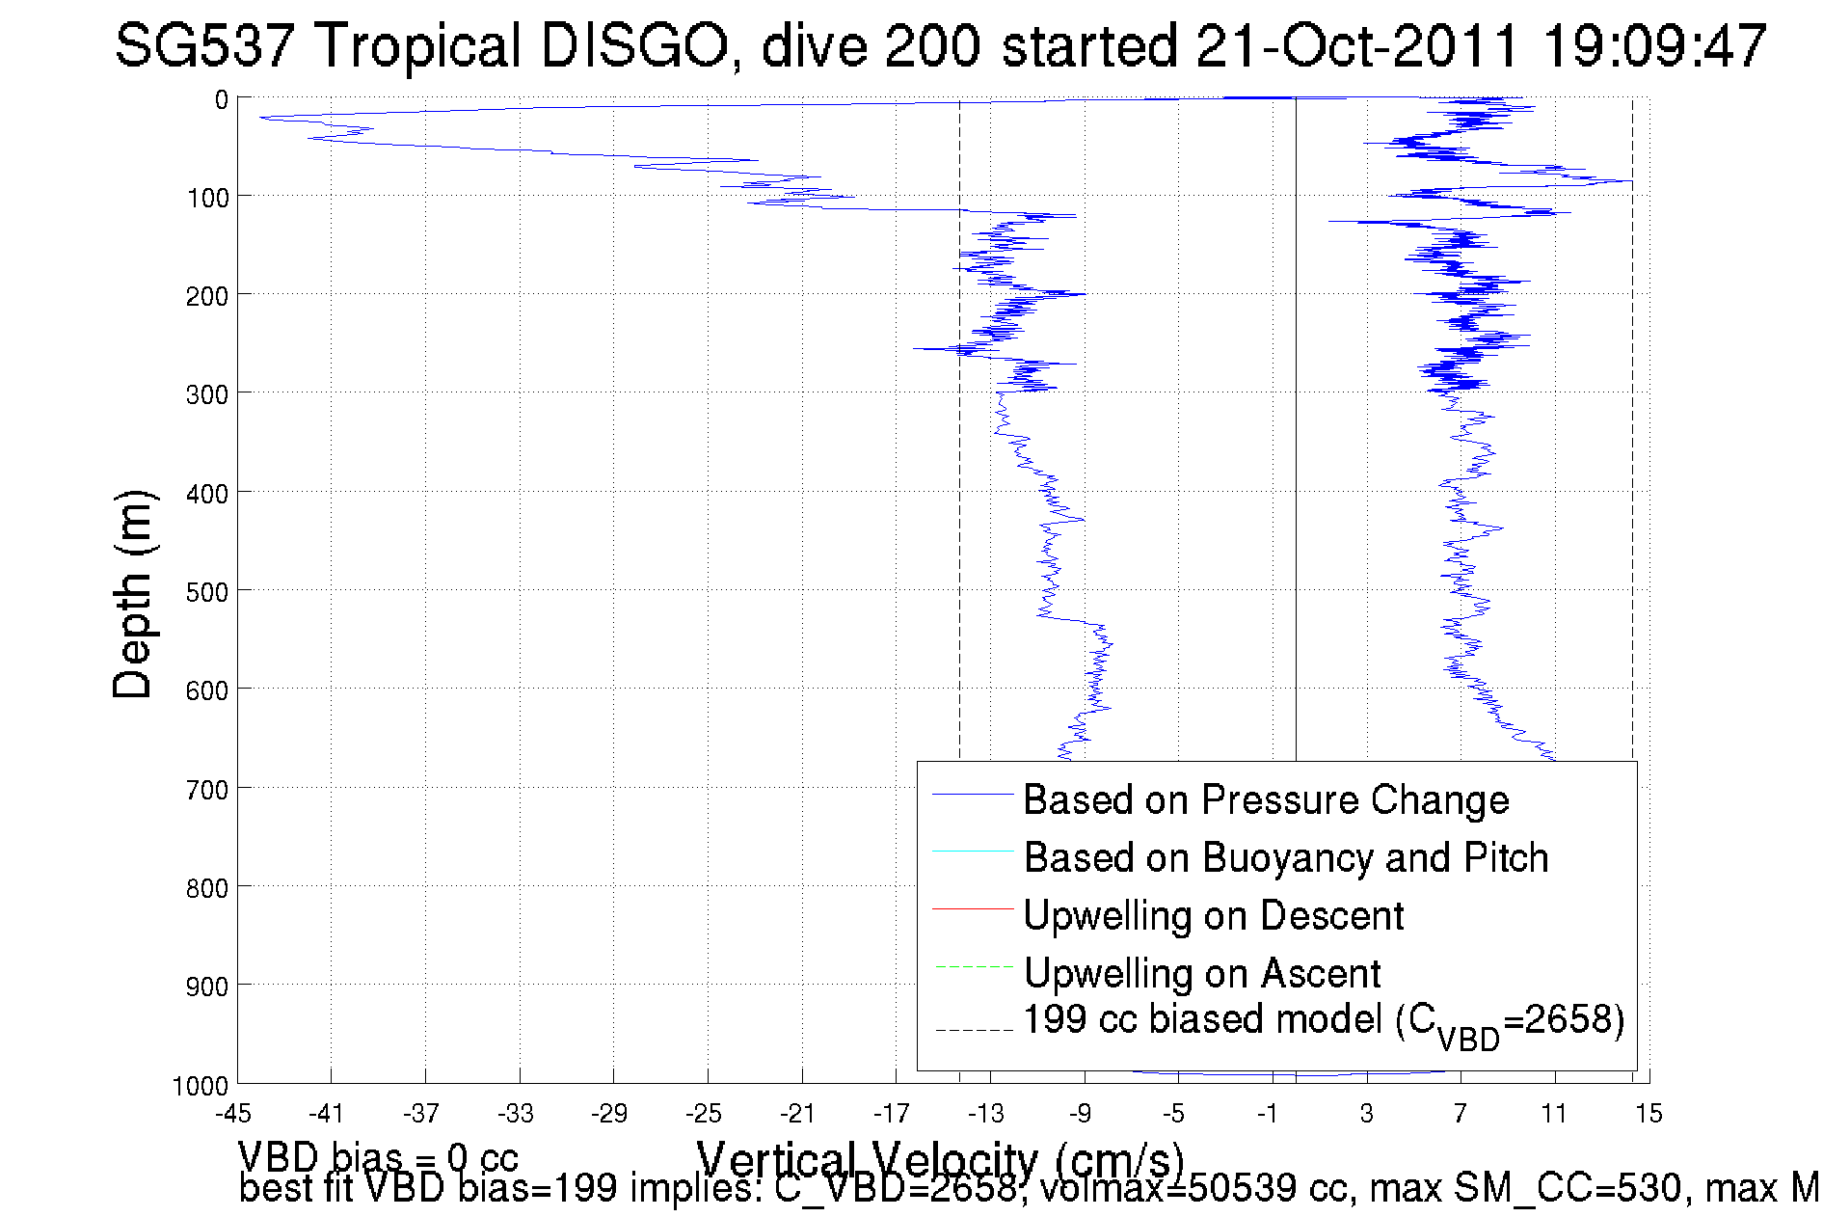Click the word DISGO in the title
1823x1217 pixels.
pyautogui.click(x=633, y=45)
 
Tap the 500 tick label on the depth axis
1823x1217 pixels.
pyautogui.click(x=207, y=592)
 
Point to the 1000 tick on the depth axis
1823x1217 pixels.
pyautogui.click(x=201, y=1087)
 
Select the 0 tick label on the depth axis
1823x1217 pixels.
pyautogui.click(x=222, y=100)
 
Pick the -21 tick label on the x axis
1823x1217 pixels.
pyautogui.click(x=797, y=1114)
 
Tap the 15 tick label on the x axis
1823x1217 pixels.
pyautogui.click(x=1648, y=1114)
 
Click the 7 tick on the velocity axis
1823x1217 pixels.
pyautogui.click(x=1460, y=1114)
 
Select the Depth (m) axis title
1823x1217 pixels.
pyautogui.click(x=133, y=594)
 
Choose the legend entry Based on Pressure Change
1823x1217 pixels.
pyautogui.click(x=1266, y=799)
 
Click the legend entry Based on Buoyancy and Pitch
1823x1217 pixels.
pyautogui.click(x=1285, y=857)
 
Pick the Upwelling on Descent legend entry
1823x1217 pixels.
pyautogui.click(x=1213, y=915)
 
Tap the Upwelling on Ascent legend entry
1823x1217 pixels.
pyautogui.click(x=1201, y=973)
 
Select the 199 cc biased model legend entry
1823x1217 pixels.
pyautogui.click(x=1323, y=1021)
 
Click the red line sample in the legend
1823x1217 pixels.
pyautogui.click(x=973, y=908)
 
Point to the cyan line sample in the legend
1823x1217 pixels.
pyautogui.click(x=973, y=852)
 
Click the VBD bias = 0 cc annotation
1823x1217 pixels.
pyautogui.click(x=378, y=1156)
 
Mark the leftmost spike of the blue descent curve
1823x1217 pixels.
pyautogui.click(x=261, y=118)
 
